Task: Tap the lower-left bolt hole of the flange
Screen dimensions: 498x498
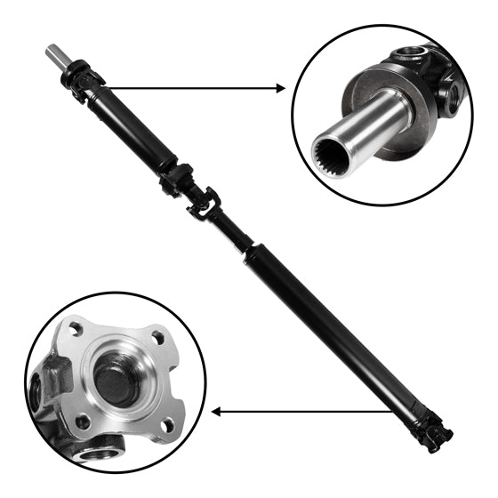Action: click(x=82, y=422)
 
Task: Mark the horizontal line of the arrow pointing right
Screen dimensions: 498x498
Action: click(x=187, y=88)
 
